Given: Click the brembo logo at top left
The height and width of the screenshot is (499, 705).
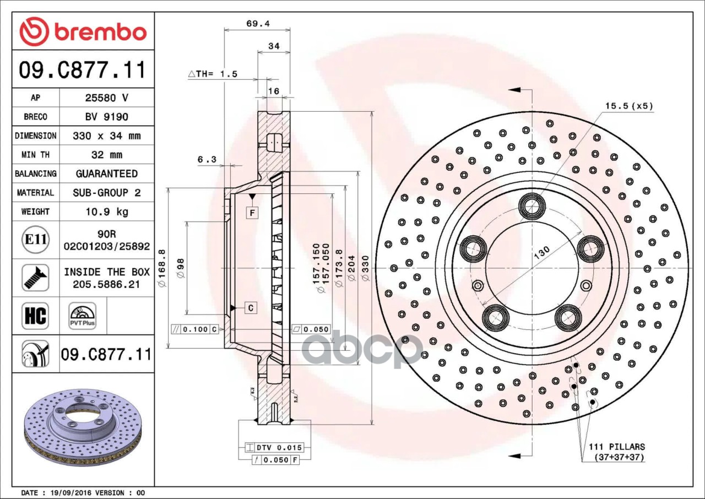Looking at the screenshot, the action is coord(83,31).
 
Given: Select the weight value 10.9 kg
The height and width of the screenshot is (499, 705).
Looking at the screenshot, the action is coord(107,211).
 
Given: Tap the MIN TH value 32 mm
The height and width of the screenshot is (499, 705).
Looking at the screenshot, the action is coord(107,154).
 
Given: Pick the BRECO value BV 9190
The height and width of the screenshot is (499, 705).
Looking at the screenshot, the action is coord(107,117).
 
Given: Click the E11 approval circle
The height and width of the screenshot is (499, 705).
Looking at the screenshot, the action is coord(36,240).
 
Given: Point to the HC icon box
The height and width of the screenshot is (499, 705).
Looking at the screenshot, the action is coord(35,316).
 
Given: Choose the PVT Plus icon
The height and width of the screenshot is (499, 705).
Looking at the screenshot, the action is coord(83,316).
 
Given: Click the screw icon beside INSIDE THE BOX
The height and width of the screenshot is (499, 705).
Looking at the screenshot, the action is coord(35,278).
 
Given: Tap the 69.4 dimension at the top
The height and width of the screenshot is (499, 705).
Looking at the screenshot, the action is coord(258,24).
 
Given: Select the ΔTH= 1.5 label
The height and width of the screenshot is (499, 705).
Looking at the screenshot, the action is coord(213,74).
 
